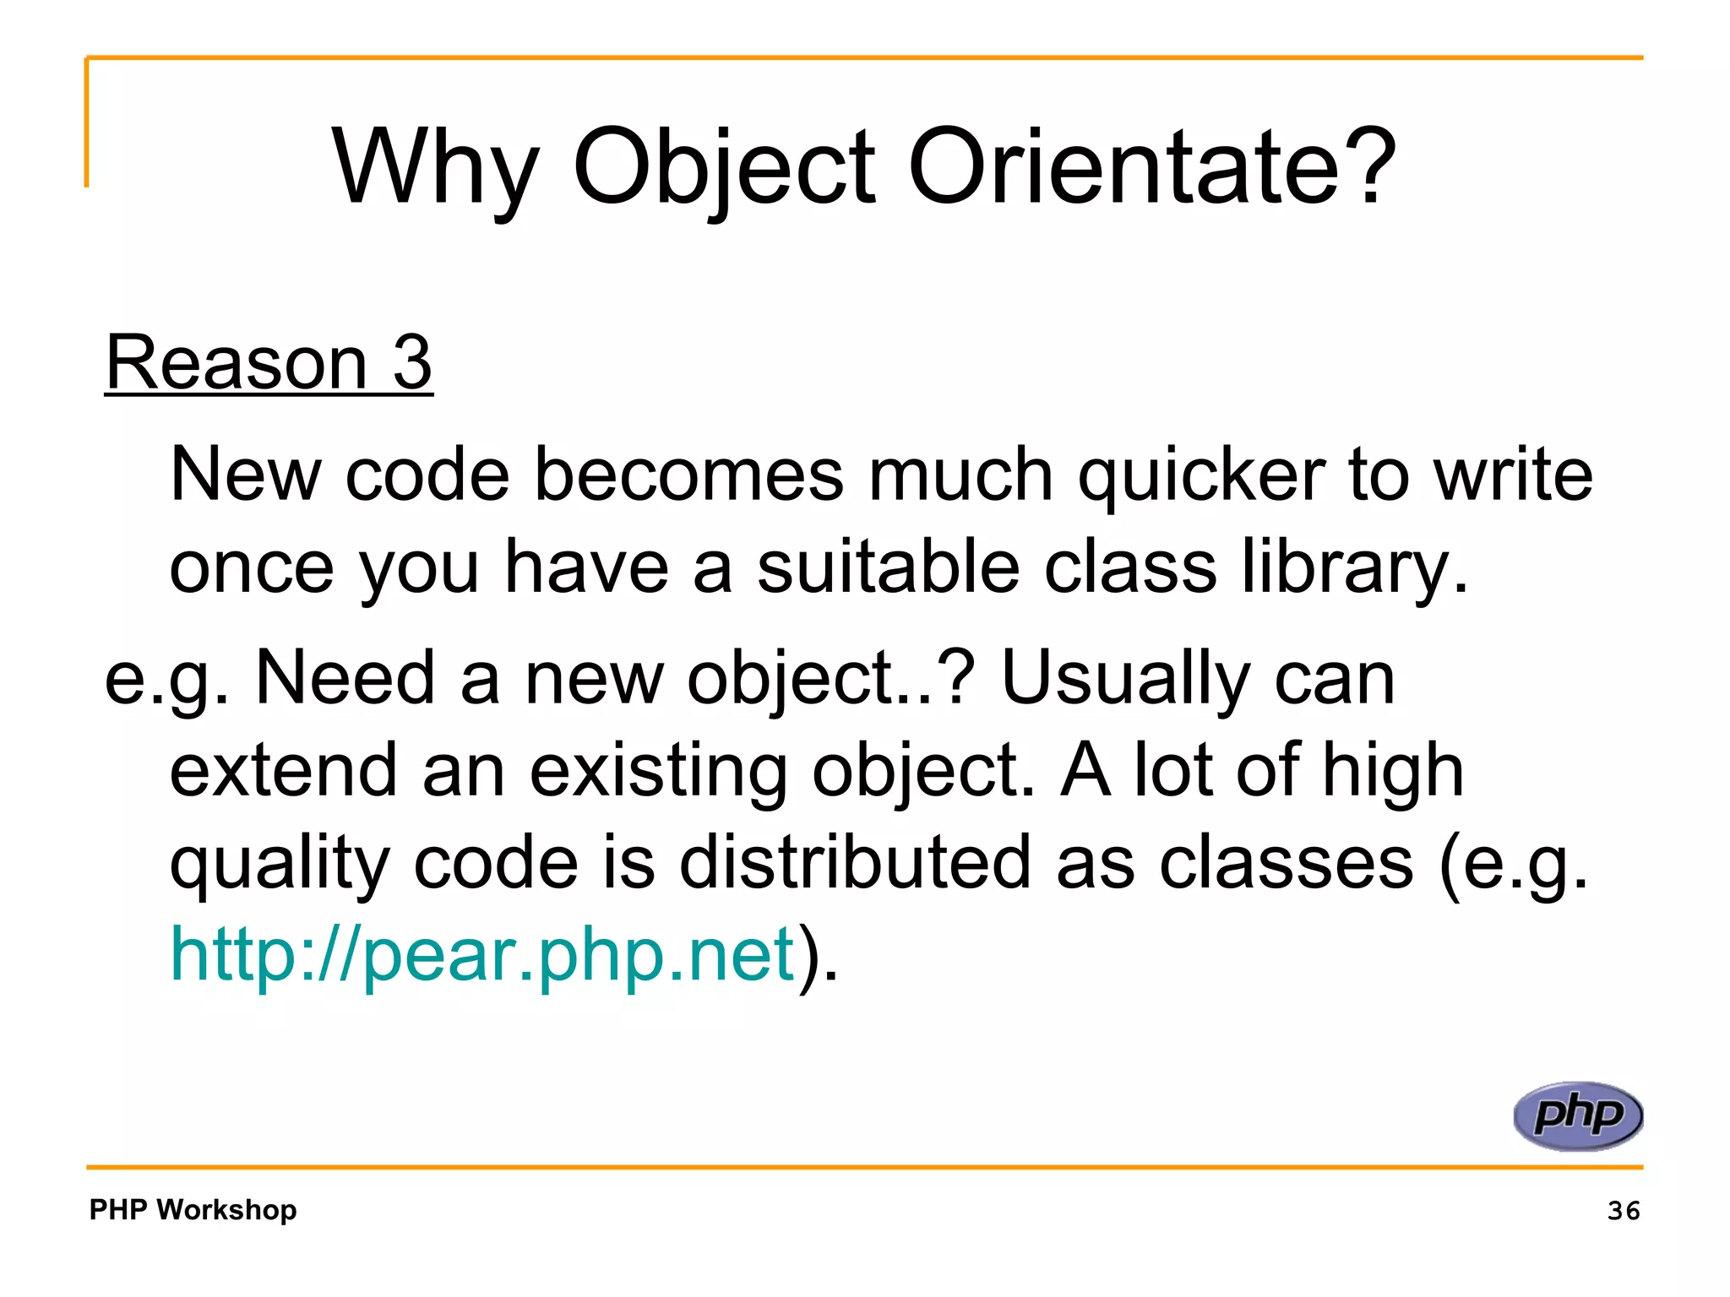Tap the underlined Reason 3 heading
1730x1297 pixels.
pyautogui.click(x=269, y=362)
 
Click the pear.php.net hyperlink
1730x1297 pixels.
pyautogui.click(x=482, y=955)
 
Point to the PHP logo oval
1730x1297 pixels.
pyautogui.click(x=1577, y=1115)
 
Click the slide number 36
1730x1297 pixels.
pyautogui.click(x=1623, y=1211)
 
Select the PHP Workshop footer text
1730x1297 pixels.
pyautogui.click(x=193, y=1210)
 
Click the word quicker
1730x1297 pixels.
pyautogui.click(x=1201, y=475)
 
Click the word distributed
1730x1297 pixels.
pyautogui.click(x=855, y=862)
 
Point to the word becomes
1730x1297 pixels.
pyautogui.click(x=689, y=475)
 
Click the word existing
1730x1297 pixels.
pyautogui.click(x=658, y=770)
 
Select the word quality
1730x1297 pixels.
pyautogui.click(x=280, y=864)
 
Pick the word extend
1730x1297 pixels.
pyautogui.click(x=283, y=770)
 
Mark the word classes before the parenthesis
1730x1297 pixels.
pyautogui.click(x=1285, y=862)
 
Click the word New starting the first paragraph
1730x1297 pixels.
pyautogui.click(x=245, y=475)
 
